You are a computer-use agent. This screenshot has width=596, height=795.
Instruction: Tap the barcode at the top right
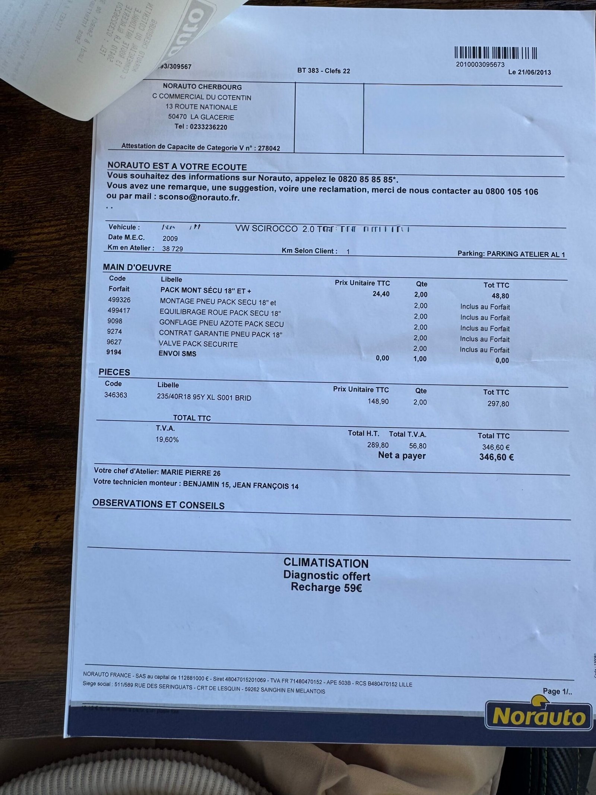point(496,53)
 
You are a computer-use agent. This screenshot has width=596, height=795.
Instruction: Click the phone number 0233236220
point(208,127)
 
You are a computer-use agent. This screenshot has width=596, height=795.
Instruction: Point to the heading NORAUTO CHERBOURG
point(202,87)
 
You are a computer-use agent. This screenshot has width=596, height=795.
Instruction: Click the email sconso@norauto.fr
point(199,198)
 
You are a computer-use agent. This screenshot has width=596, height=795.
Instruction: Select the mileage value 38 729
point(172,249)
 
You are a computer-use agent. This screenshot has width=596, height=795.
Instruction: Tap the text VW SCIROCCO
point(266,229)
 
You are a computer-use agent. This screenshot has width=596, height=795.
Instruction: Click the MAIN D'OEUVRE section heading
point(137,268)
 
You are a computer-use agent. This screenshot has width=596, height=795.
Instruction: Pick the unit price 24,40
point(381,294)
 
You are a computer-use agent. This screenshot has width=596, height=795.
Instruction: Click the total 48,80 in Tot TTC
point(500,296)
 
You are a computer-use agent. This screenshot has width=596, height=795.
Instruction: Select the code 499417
point(119,310)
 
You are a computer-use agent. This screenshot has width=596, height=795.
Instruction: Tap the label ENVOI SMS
point(177,354)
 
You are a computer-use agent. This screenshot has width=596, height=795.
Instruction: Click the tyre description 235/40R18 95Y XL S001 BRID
point(204,398)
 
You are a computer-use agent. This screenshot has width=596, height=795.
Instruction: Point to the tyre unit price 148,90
point(378,401)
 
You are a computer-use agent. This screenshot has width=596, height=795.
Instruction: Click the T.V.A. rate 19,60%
point(167,440)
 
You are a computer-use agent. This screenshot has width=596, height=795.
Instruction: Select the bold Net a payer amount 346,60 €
point(496,457)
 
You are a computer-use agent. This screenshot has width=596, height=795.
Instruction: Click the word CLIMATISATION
point(326,563)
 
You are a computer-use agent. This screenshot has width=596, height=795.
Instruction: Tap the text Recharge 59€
point(326,588)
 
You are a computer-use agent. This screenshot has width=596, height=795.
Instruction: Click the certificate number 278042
point(269,148)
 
